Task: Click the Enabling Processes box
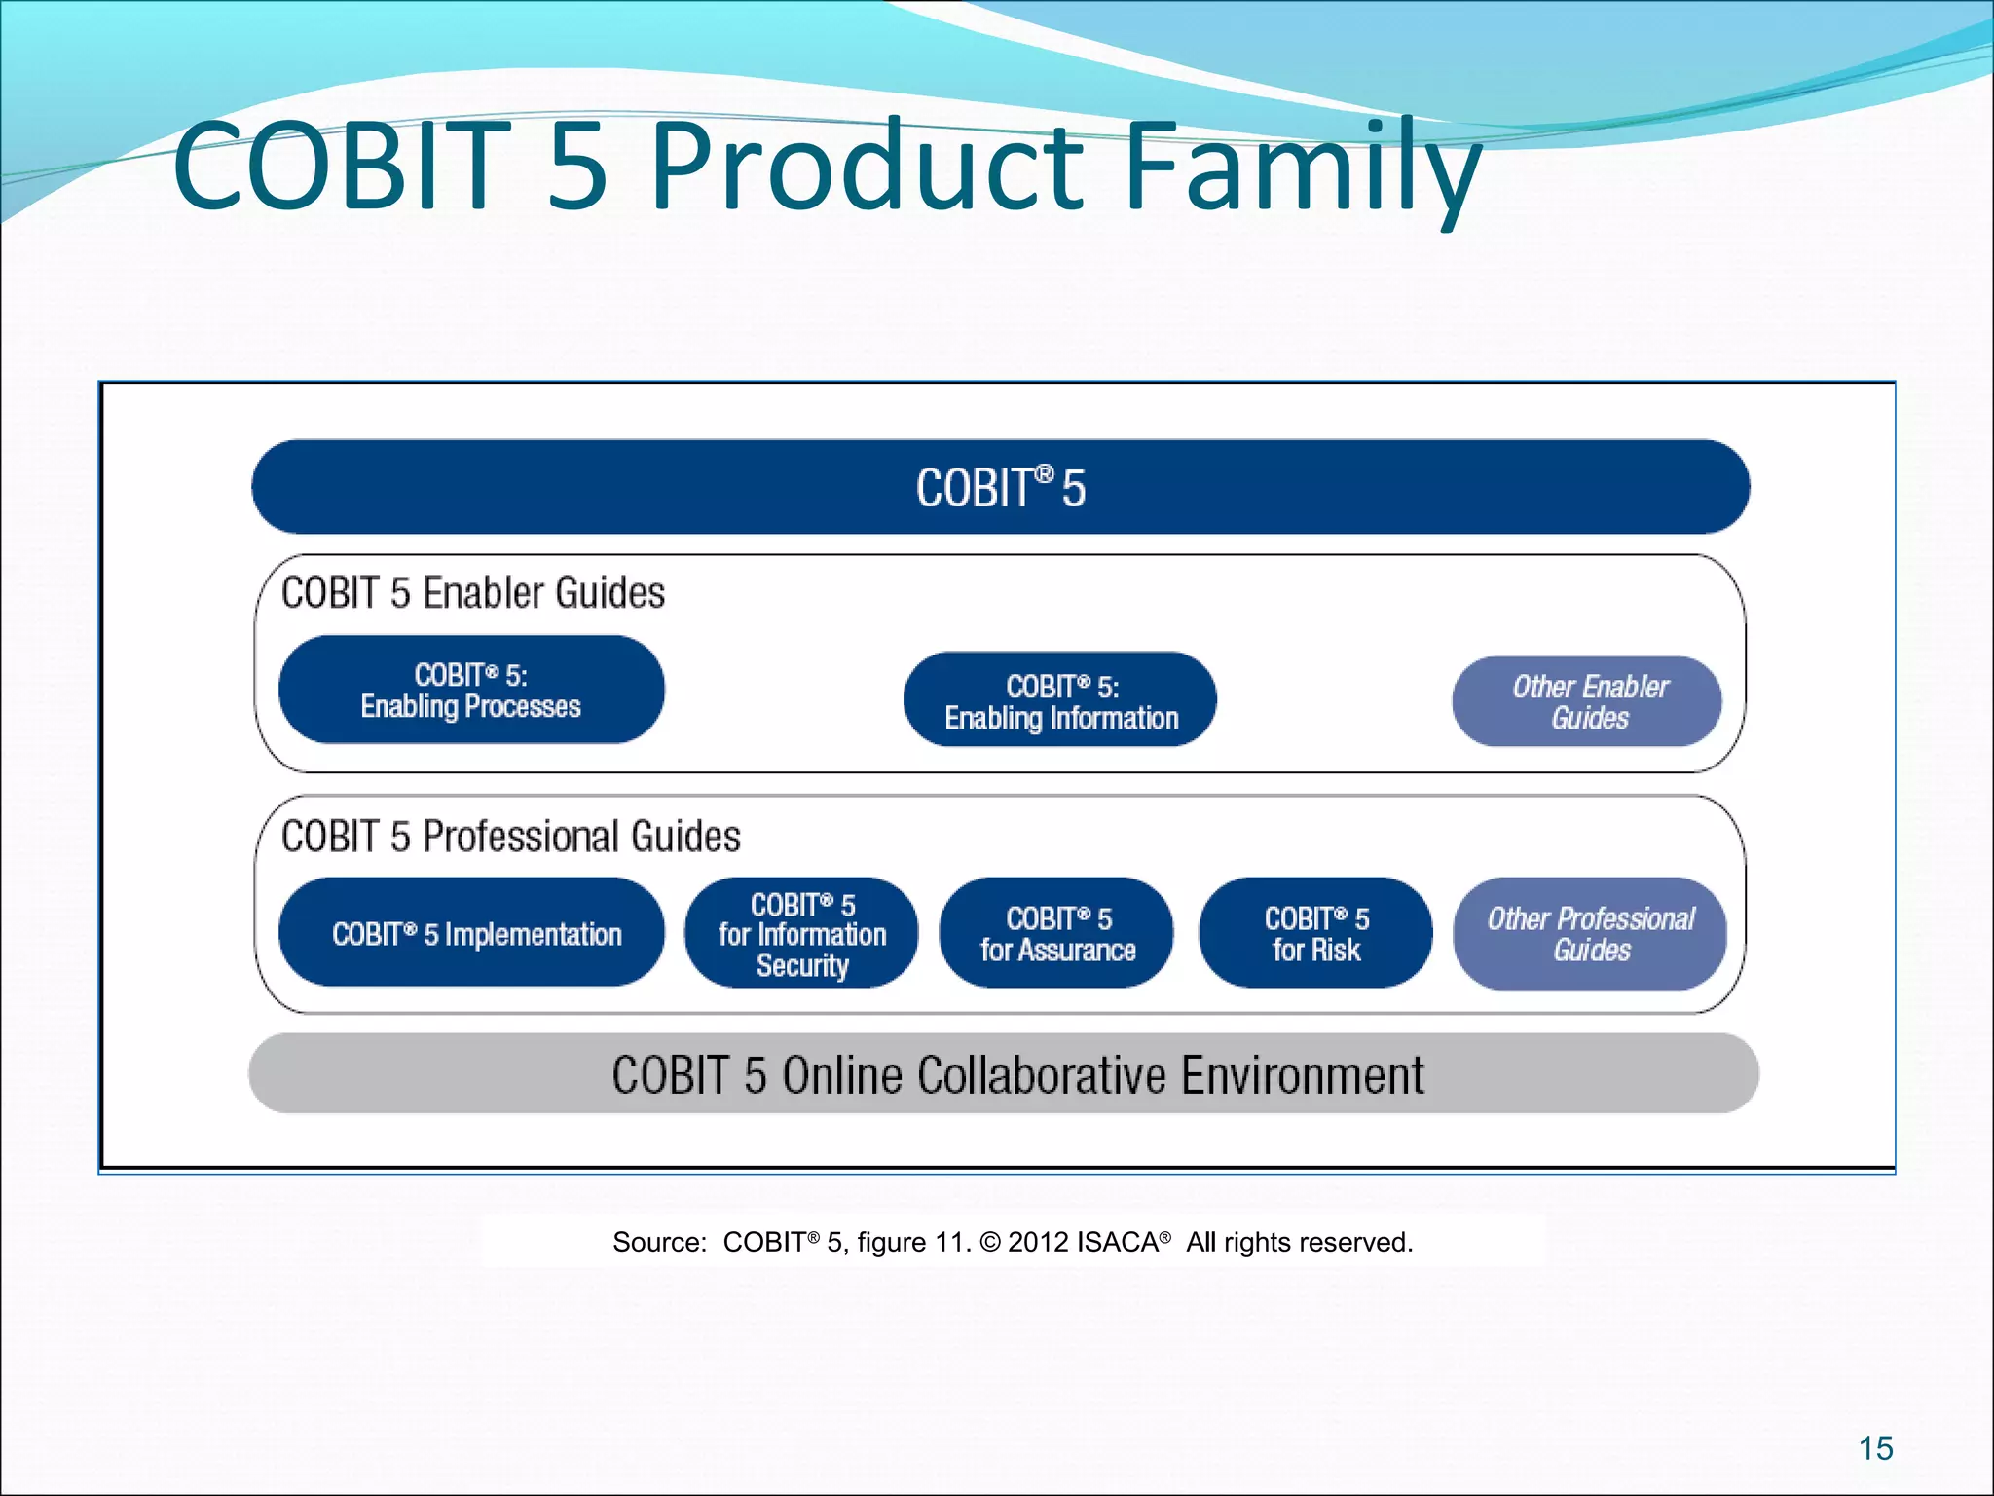click(471, 691)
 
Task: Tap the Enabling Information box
click(1060, 700)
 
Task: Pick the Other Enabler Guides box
click(1588, 702)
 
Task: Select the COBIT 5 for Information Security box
click(801, 933)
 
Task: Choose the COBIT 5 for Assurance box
click(1057, 933)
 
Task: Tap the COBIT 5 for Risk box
click(1315, 933)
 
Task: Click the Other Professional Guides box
click(1590, 933)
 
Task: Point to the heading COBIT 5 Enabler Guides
click(473, 593)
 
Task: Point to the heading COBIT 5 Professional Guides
click(510, 837)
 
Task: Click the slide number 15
click(1875, 1448)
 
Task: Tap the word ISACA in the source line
click(1117, 1243)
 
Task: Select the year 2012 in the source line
click(1038, 1243)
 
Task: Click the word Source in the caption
click(657, 1243)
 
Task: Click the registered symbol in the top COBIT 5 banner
click(1044, 473)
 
